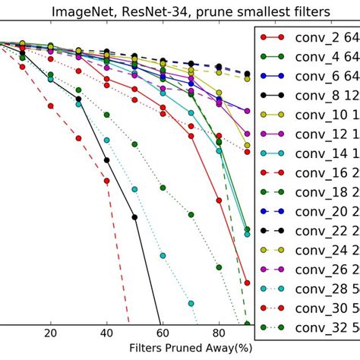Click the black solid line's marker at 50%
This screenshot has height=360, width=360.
[134, 217]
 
